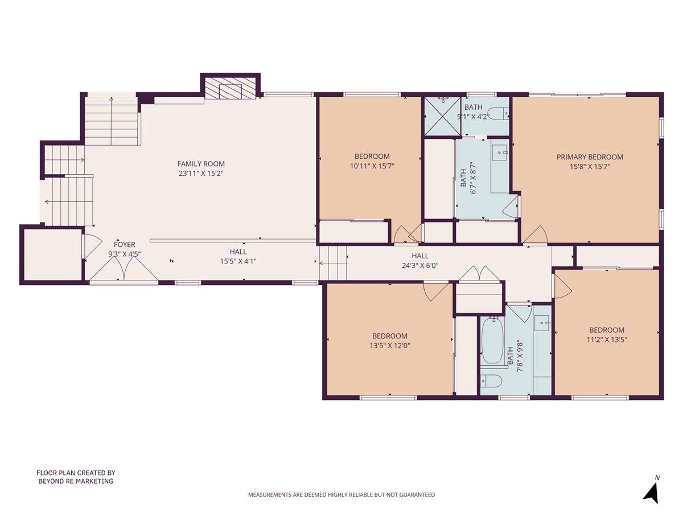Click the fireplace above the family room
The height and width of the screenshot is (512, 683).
(231, 89)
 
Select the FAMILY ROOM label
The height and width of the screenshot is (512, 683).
(197, 164)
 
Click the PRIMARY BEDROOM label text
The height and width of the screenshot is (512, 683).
(590, 157)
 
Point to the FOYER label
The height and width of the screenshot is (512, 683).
(125, 245)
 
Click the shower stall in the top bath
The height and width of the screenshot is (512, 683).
(443, 115)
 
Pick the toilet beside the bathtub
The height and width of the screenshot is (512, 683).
(491, 381)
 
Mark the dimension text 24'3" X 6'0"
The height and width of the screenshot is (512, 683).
(421, 265)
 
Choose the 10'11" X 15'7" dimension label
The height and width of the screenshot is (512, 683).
(372, 166)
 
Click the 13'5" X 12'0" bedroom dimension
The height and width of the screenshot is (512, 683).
(390, 345)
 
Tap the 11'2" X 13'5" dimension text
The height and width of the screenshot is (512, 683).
(606, 340)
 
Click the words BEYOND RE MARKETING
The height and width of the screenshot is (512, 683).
(76, 481)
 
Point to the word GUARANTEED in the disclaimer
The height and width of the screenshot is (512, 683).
(415, 495)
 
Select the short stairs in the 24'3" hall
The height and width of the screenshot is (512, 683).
(333, 263)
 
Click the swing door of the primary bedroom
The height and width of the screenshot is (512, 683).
(534, 235)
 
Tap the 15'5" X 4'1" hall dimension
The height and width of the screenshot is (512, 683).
(238, 261)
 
